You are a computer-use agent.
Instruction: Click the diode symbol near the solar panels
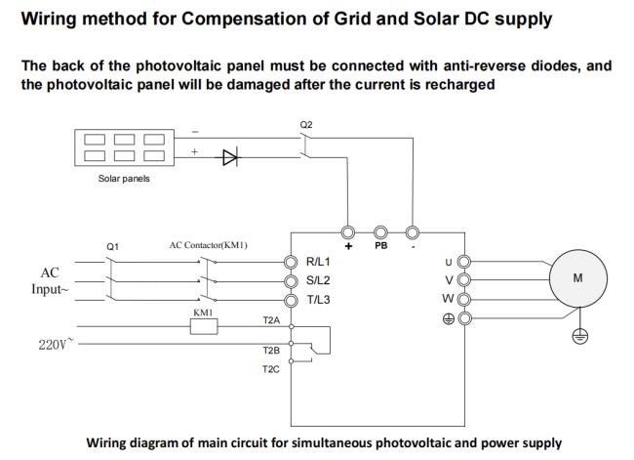click(230, 156)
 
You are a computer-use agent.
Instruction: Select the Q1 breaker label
click(112, 247)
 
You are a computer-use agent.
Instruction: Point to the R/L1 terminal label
click(319, 263)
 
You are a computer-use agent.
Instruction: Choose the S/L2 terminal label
click(319, 281)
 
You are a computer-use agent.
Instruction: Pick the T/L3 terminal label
click(319, 300)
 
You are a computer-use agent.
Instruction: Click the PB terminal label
click(380, 247)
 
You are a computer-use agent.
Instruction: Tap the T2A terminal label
click(271, 319)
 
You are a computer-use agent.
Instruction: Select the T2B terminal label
click(271, 349)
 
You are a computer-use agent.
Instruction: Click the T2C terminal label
click(271, 370)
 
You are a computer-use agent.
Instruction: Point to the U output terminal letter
click(449, 262)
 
